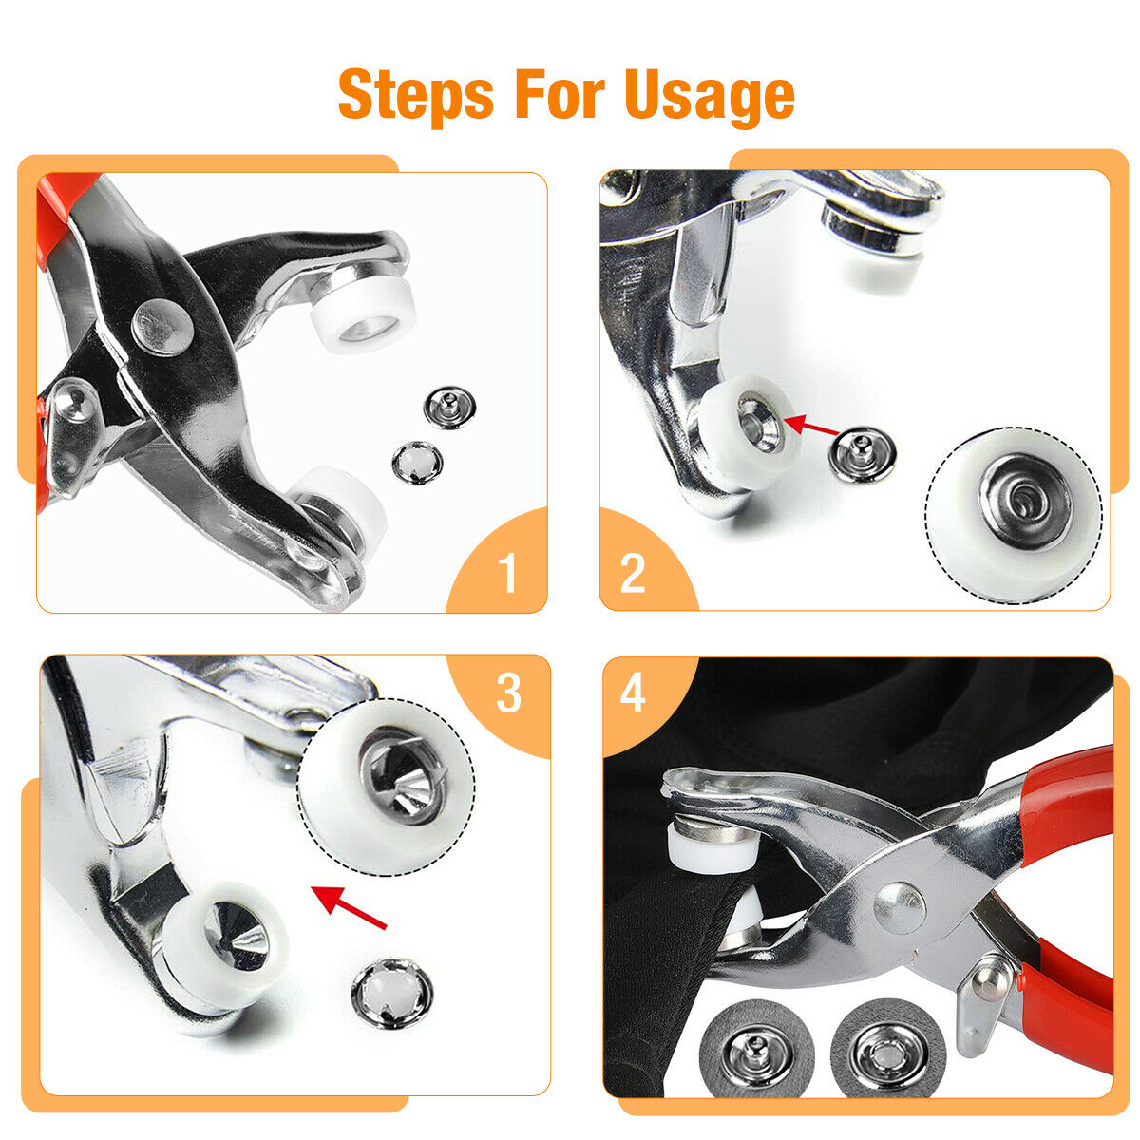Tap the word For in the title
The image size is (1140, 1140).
560,94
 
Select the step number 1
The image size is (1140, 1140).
507,573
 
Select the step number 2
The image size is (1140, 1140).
633,573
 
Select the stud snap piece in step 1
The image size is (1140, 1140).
449,407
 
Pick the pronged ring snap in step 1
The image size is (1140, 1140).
418,462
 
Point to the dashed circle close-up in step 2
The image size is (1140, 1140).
1014,515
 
